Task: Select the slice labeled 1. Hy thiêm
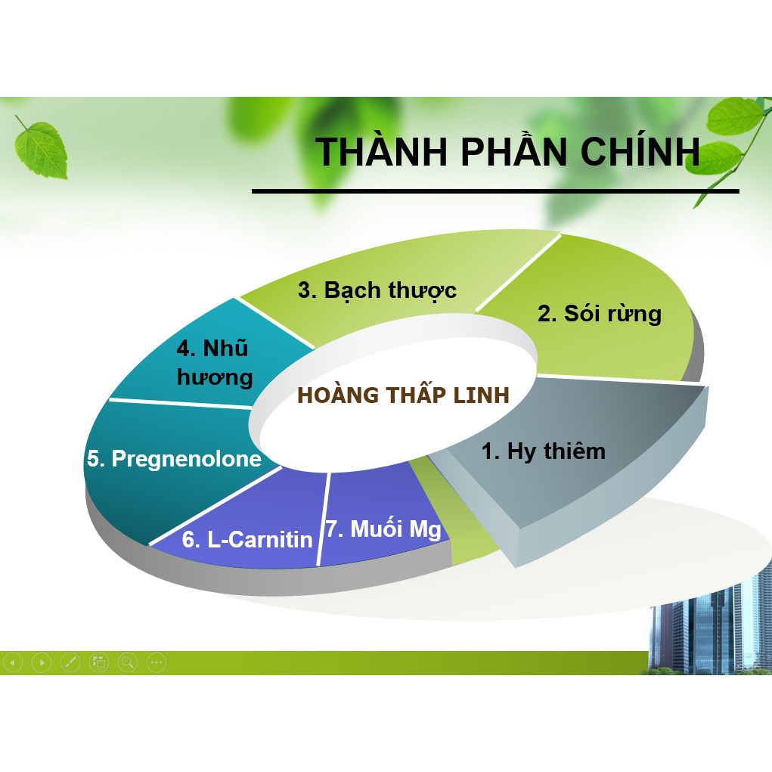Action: pyautogui.click(x=543, y=451)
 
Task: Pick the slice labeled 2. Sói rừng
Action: pyautogui.click(x=599, y=313)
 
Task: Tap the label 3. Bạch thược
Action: pyautogui.click(x=377, y=290)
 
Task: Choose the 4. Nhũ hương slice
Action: pyautogui.click(x=214, y=363)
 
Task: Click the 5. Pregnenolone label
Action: pyautogui.click(x=174, y=459)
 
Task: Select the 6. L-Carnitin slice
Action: pyautogui.click(x=247, y=539)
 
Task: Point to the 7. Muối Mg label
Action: pyautogui.click(x=383, y=529)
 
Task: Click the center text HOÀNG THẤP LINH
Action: pyautogui.click(x=403, y=395)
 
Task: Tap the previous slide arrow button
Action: pyautogui.click(x=13, y=662)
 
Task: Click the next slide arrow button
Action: pyautogui.click(x=42, y=662)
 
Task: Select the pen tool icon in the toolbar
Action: pyautogui.click(x=70, y=662)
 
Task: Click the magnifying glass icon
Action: pyautogui.click(x=128, y=662)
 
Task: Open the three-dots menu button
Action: pyautogui.click(x=157, y=662)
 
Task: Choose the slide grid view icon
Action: pyautogui.click(x=99, y=662)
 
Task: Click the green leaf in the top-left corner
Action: pyautogui.click(x=42, y=147)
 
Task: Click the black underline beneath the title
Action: pyautogui.click(x=495, y=191)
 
